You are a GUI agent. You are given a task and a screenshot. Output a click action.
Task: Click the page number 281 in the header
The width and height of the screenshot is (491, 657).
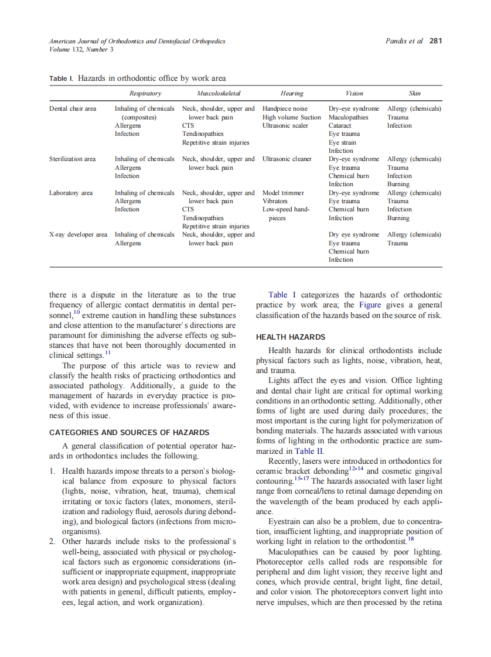[x=435, y=41]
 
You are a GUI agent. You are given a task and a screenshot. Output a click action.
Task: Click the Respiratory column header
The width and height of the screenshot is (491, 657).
[x=145, y=93]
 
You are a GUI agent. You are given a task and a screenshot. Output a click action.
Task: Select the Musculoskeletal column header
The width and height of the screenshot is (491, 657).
[x=219, y=93]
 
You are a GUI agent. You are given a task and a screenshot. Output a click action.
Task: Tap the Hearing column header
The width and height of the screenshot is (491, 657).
[x=291, y=93]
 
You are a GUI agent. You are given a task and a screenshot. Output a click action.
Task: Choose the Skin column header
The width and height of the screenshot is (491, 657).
[x=414, y=93]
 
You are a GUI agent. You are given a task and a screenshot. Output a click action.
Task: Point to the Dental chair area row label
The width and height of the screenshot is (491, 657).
[x=73, y=109]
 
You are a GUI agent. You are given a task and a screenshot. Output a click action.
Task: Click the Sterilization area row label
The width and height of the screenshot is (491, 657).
[x=72, y=159]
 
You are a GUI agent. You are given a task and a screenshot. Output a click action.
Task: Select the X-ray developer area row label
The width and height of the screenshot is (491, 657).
[x=79, y=235]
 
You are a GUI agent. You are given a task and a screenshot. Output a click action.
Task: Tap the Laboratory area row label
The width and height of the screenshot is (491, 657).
[x=71, y=193]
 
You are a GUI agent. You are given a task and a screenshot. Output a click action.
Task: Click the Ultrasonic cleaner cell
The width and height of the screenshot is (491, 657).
[x=287, y=159]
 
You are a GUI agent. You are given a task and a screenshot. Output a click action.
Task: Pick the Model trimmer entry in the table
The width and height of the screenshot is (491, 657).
[x=283, y=193]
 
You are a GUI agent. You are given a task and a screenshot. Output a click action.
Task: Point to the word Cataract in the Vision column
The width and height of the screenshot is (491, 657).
[x=340, y=126]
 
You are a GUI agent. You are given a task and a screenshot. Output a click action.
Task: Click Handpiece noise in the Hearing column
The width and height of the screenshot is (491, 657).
[x=285, y=109]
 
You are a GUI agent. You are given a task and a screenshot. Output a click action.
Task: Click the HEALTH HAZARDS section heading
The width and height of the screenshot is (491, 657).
[x=290, y=337]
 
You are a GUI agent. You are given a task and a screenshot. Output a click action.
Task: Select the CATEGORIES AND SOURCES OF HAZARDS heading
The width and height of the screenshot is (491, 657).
[x=129, y=433]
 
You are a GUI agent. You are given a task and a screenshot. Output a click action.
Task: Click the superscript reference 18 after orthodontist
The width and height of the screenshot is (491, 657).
[x=411, y=538]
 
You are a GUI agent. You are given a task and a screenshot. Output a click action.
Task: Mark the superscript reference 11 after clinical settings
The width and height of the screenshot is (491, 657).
[x=108, y=352]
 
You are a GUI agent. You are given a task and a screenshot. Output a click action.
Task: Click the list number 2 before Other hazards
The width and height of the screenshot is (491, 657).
[x=53, y=540]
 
